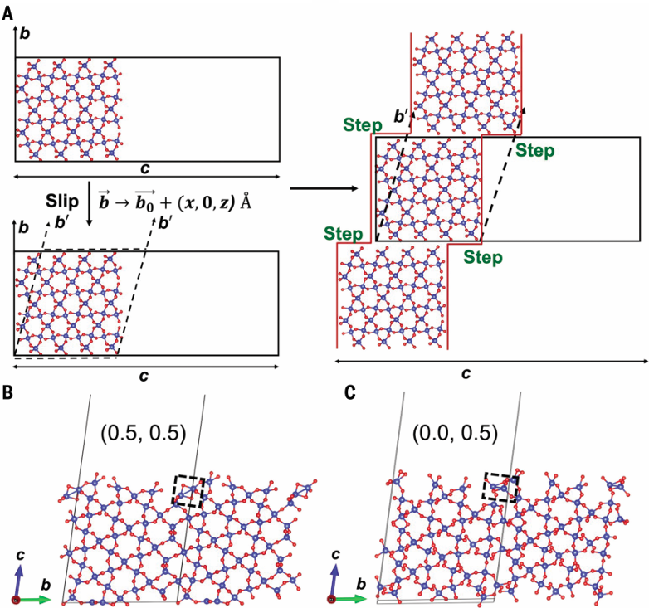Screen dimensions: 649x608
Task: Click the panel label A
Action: (x=7, y=14)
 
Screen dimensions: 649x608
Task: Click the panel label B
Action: (x=7, y=392)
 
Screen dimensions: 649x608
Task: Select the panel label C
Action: (x=349, y=392)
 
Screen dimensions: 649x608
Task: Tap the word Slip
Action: (x=62, y=202)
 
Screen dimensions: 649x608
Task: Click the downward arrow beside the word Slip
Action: (x=90, y=203)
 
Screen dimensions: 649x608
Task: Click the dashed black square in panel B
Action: (x=188, y=491)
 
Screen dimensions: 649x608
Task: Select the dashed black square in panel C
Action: (x=501, y=487)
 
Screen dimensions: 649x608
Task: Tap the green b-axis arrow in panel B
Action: (x=35, y=600)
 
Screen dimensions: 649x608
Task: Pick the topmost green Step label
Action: (x=363, y=125)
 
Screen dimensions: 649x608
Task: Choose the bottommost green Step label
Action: (x=483, y=257)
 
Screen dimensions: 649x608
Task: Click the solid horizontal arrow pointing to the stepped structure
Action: (x=324, y=188)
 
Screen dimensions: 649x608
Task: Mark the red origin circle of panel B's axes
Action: (x=16, y=600)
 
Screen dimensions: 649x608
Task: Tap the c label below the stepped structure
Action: (x=466, y=373)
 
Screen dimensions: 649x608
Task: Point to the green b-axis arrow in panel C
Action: (x=350, y=599)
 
